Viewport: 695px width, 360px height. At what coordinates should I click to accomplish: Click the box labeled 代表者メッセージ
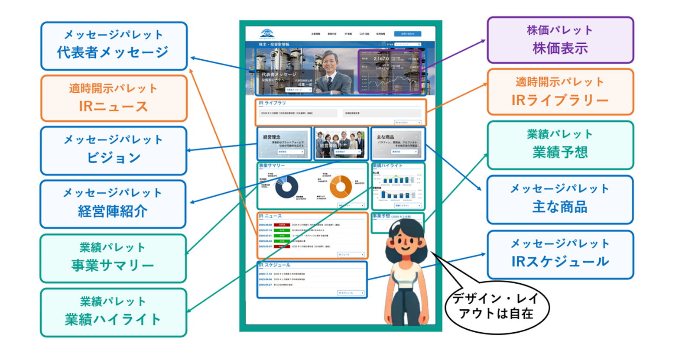(114, 46)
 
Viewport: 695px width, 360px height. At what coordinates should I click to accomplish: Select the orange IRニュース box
(114, 98)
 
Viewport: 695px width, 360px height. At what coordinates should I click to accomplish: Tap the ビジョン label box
(114, 150)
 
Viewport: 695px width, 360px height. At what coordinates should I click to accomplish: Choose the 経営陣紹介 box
(113, 204)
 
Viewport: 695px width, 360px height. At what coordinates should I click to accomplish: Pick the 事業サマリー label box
(113, 258)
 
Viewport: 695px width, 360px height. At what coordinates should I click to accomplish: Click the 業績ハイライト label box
(114, 312)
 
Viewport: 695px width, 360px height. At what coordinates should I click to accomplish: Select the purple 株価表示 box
(560, 40)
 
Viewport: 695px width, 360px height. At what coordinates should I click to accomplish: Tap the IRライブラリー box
(560, 92)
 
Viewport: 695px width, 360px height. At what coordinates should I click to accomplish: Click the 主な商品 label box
(560, 200)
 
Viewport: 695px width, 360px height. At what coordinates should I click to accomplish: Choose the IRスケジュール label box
(560, 255)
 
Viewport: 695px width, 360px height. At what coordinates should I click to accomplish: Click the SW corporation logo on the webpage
(267, 34)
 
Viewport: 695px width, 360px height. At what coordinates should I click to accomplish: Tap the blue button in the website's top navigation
(407, 34)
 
